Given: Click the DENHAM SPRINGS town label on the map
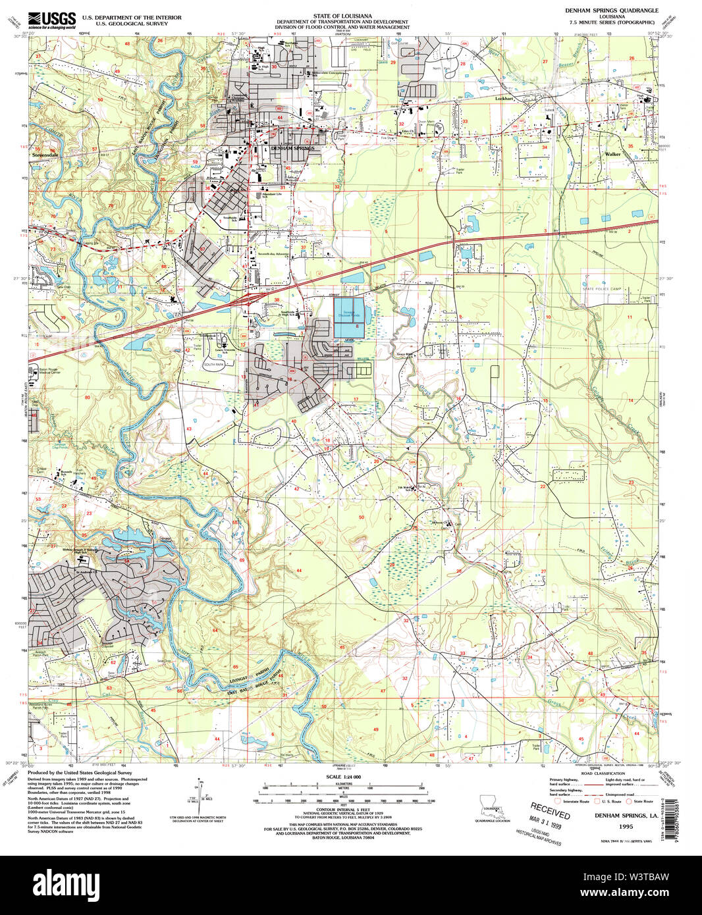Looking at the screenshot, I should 292,149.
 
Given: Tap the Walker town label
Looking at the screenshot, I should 612,154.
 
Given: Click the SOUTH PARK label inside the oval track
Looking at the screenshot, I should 213,364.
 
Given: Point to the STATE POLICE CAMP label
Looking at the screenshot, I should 601,289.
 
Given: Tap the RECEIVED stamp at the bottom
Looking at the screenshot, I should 550,810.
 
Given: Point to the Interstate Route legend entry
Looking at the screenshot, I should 571,801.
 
